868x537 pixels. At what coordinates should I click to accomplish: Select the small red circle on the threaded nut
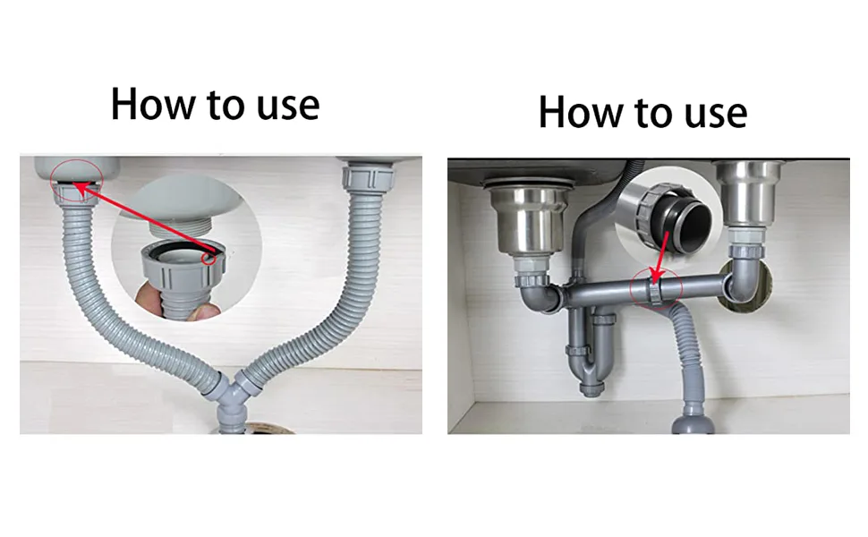coord(208,258)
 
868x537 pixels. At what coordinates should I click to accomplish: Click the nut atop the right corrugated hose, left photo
coord(368,178)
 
